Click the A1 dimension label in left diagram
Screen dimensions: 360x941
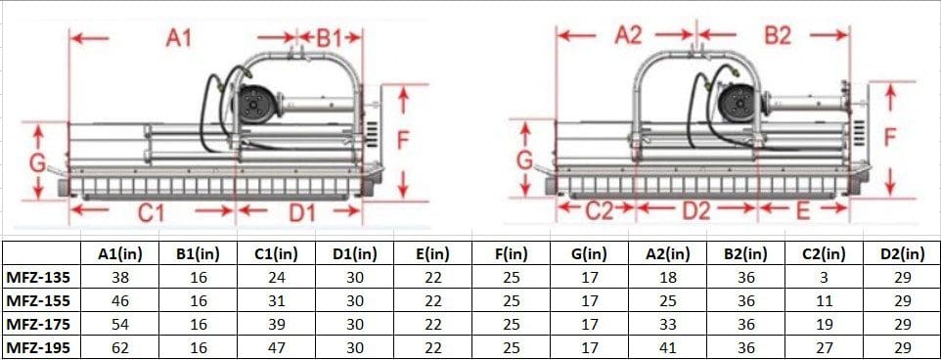point(178,38)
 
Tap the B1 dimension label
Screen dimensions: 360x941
point(328,38)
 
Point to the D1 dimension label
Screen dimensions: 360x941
point(300,211)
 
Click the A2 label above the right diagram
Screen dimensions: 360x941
point(628,36)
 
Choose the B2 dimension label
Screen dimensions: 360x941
point(777,36)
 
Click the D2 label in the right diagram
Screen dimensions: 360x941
point(695,209)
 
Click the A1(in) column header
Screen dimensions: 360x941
point(120,253)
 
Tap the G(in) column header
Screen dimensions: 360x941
point(589,253)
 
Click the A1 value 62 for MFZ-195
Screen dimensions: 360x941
point(120,346)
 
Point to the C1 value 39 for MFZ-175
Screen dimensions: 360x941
point(276,323)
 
